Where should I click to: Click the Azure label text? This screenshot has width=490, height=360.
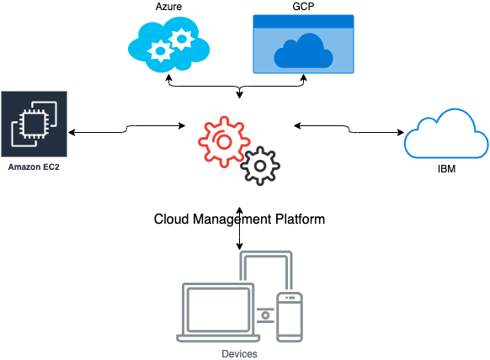coord(168,7)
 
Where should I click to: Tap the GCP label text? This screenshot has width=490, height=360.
coord(303,7)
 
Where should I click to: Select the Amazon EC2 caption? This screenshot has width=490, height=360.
coord(34,167)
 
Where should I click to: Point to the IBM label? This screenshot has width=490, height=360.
coord(446,169)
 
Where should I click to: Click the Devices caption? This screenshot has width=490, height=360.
coord(239,354)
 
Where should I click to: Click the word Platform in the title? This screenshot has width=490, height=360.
coord(300,219)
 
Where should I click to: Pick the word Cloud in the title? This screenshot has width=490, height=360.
coord(171,219)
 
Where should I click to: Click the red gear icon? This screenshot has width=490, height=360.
coord(224,142)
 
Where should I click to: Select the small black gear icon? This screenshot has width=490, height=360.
coord(260,166)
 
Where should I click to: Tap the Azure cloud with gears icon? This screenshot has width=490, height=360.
coord(168,45)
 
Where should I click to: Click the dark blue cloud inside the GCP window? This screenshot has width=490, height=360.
coord(303,51)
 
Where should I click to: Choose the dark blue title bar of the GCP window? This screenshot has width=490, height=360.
coord(303,21)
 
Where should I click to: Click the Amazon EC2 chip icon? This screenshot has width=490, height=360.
coord(34,124)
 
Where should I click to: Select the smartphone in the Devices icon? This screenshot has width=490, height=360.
coord(290,317)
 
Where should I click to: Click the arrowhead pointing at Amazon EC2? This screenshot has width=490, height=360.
coord(72,132)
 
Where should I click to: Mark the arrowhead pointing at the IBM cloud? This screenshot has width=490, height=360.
coord(401,132)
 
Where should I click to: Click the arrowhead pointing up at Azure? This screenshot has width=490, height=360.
coord(168,77)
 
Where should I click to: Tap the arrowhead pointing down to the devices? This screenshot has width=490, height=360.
coord(239,246)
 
